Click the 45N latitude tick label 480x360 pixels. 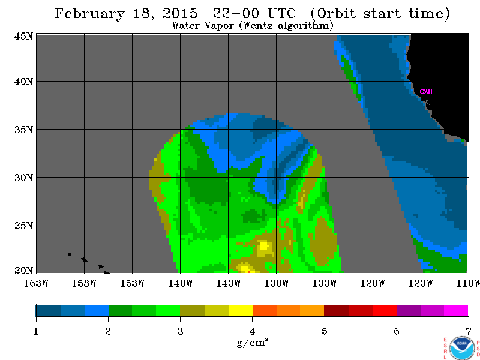point(23,37)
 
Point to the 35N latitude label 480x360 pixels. point(23,130)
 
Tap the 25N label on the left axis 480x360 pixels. point(23,226)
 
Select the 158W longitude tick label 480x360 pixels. point(84,283)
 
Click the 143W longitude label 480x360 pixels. point(229,283)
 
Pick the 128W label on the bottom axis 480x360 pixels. point(373,283)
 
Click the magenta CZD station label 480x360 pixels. point(426,92)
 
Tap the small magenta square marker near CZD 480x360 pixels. point(418,94)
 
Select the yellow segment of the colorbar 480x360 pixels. point(241,310)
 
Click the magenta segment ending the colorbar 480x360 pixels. point(456,310)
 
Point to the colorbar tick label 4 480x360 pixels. point(252,331)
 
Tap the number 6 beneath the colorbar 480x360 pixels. point(397,331)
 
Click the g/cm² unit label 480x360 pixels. point(253,343)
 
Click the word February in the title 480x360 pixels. point(89,14)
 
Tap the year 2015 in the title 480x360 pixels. point(180,13)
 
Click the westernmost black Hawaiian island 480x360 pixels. point(69,254)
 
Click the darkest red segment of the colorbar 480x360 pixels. point(337,310)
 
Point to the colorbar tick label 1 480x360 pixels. point(36,331)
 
